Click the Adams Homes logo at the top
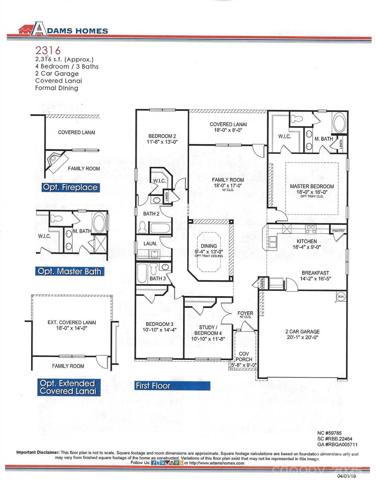(x=63, y=29)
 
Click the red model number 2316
(x=48, y=50)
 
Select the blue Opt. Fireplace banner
(x=70, y=187)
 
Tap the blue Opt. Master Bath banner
(x=70, y=271)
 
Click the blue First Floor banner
(x=153, y=386)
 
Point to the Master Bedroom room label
(x=312, y=186)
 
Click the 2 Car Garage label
(x=302, y=332)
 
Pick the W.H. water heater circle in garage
(x=341, y=296)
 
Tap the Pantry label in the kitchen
(x=338, y=231)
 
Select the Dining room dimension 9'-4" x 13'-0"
(x=209, y=252)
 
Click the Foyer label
(x=245, y=313)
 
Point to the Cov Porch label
(x=244, y=356)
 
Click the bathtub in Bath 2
(x=160, y=228)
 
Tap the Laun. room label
(x=150, y=244)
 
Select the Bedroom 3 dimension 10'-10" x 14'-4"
(x=159, y=330)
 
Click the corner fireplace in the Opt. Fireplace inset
(x=55, y=160)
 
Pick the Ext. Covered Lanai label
(x=72, y=322)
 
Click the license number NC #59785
(x=329, y=433)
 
